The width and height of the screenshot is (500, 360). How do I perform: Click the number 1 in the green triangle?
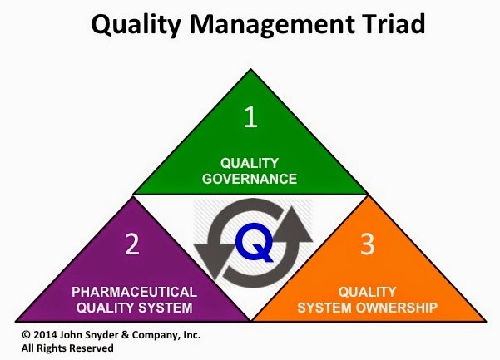click(x=250, y=117)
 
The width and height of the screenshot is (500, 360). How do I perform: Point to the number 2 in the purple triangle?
click(x=131, y=244)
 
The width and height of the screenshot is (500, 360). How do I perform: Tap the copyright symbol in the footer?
click(x=14, y=335)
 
